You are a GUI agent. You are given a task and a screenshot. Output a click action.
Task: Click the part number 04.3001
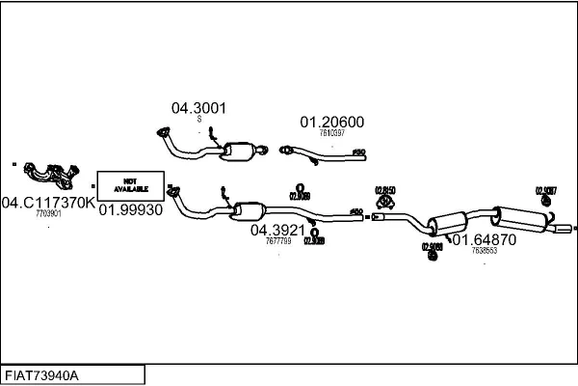pyautogui.click(x=198, y=108)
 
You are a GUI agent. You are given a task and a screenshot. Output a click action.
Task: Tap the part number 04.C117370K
pyautogui.click(x=48, y=202)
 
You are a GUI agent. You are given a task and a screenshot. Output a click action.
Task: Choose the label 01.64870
pyautogui.click(x=484, y=239)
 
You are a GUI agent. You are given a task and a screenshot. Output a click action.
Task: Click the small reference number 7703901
pyautogui.click(x=48, y=213)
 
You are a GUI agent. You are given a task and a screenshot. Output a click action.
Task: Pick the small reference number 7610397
pyautogui.click(x=331, y=133)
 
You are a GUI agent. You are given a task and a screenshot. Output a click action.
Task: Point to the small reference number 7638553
pyautogui.click(x=484, y=251)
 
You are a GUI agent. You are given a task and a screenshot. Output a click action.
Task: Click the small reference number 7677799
pyautogui.click(x=277, y=240)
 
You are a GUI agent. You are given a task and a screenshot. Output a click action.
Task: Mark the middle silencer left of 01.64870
pyautogui.click(x=445, y=221)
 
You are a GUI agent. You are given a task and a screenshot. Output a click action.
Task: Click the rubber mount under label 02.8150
pyautogui.click(x=387, y=202)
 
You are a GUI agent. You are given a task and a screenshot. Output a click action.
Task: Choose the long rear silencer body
pyautogui.click(x=520, y=216)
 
